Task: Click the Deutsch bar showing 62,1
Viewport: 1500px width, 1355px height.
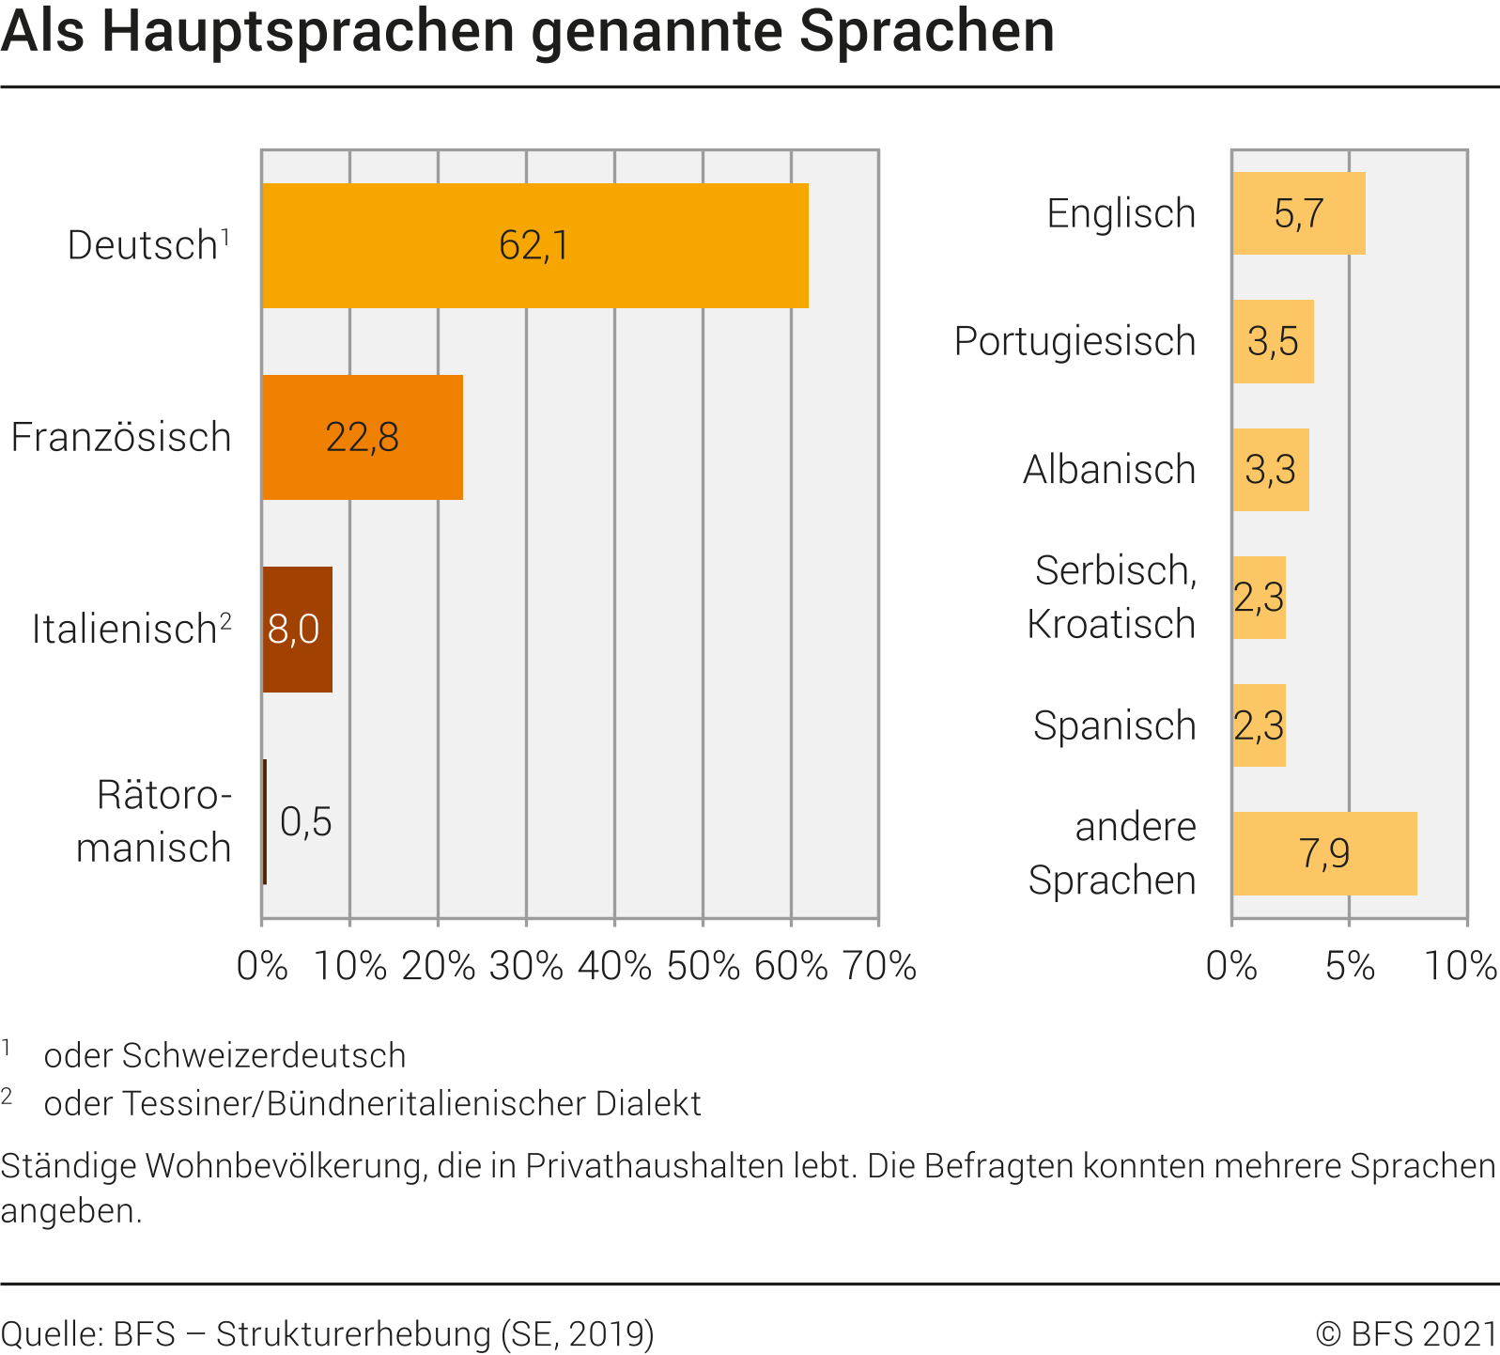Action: [x=534, y=245]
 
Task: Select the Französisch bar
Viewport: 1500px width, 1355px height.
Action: [x=363, y=437]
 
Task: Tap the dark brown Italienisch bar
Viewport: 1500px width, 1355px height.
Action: [x=297, y=630]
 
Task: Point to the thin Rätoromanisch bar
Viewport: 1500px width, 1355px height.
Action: [x=265, y=821]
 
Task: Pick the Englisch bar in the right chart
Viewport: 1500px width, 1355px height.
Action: [x=1298, y=213]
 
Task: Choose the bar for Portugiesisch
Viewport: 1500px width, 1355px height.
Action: [x=1273, y=341]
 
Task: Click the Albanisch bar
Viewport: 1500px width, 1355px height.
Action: [x=1270, y=470]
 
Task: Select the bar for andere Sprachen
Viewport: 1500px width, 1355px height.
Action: [x=1324, y=853]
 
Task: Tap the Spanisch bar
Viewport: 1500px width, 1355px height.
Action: [x=1259, y=725]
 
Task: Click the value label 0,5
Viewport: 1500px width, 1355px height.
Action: [x=306, y=822]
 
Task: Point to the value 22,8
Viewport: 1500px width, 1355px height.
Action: [x=363, y=437]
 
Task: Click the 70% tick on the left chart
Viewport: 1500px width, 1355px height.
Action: [x=879, y=966]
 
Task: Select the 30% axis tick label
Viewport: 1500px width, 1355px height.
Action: [x=526, y=966]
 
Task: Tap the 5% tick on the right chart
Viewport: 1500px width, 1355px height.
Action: [x=1350, y=966]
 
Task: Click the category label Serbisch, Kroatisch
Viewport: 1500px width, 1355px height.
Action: [x=1112, y=597]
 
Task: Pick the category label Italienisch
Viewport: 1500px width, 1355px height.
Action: [x=125, y=630]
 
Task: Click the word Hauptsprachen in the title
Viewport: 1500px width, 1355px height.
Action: [x=308, y=31]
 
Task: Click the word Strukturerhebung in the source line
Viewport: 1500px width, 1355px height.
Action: [x=353, y=1333]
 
